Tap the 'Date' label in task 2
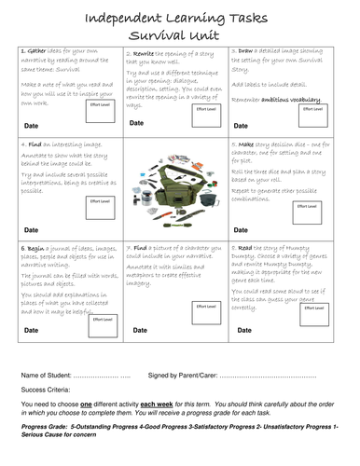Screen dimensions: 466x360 pyautogui.click(x=136, y=122)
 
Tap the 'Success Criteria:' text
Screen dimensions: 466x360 pyautogui.click(x=50, y=391)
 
